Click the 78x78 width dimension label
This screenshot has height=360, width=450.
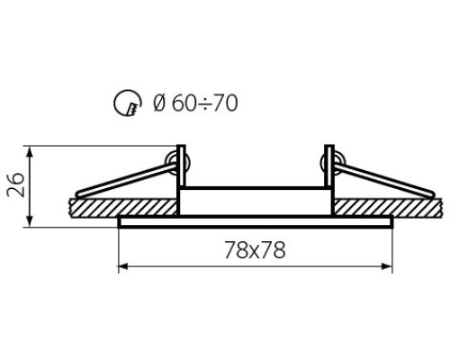point(255,250)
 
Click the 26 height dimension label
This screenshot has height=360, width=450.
point(15,184)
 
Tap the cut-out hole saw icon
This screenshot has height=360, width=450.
point(128,103)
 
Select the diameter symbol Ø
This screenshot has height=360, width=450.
point(159,103)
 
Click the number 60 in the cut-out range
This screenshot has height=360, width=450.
point(184,103)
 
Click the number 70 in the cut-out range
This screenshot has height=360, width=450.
point(225,103)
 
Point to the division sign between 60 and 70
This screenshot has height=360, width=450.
point(205,103)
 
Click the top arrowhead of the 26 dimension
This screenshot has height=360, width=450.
point(30,152)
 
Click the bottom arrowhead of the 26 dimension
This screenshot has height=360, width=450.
point(30,220)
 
